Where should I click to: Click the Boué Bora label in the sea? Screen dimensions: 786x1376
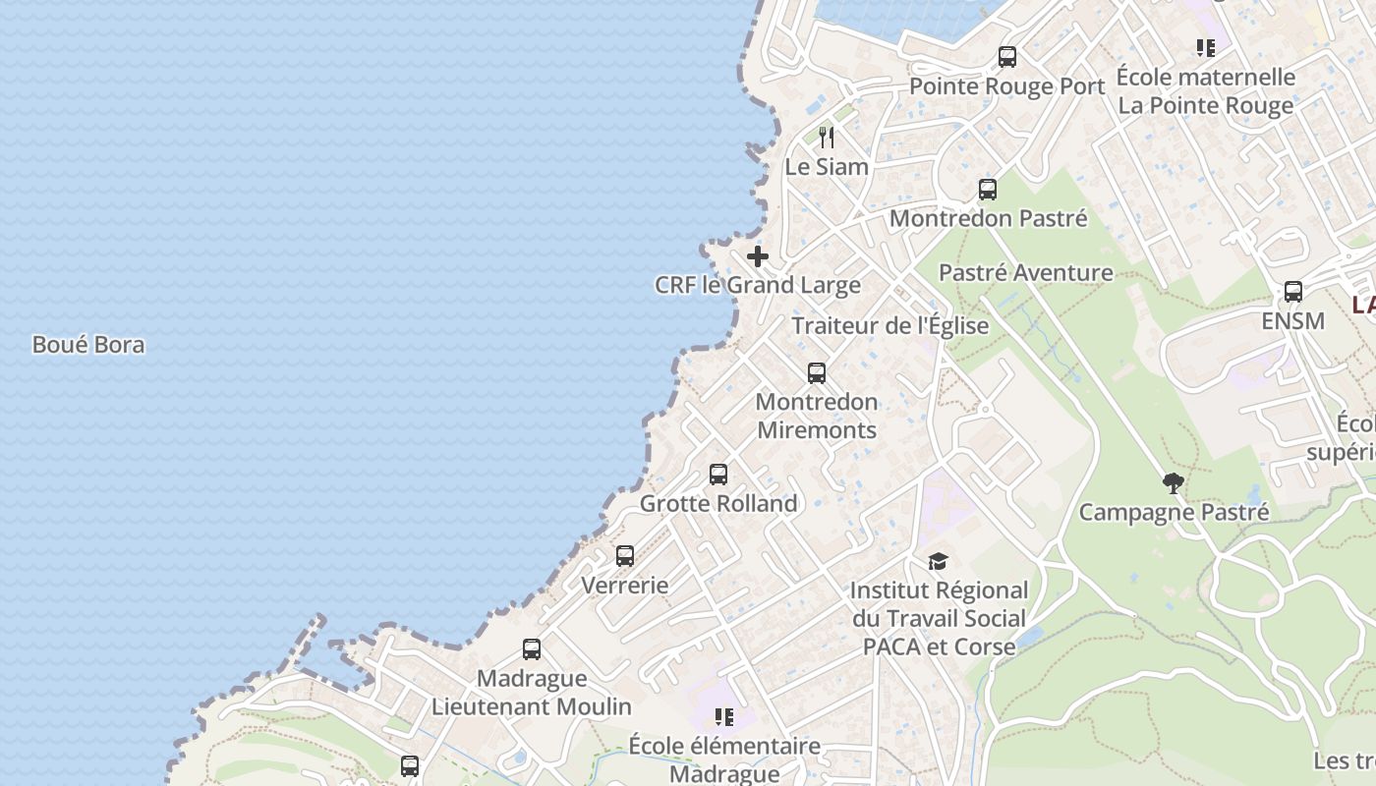tap(88, 345)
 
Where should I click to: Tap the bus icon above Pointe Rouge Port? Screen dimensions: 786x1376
tap(1007, 57)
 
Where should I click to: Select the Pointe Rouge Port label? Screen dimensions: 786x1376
tap(1007, 86)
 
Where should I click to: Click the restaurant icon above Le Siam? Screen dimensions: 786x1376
tap(827, 137)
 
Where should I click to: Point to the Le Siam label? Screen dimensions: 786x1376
tap(827, 167)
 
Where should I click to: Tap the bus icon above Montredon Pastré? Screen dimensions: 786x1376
tap(988, 190)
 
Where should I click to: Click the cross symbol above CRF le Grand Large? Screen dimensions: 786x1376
tap(758, 256)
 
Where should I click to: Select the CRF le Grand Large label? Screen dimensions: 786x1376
tap(758, 286)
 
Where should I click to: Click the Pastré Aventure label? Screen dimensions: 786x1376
tap(1026, 273)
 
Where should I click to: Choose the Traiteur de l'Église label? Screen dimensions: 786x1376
tap(890, 326)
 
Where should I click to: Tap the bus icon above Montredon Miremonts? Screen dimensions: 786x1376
tap(817, 373)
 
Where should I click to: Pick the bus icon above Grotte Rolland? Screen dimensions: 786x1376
tap(718, 475)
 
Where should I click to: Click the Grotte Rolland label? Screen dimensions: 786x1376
tap(718, 504)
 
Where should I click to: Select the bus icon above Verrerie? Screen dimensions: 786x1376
tap(625, 556)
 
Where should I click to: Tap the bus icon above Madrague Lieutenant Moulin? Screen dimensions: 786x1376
tap(532, 649)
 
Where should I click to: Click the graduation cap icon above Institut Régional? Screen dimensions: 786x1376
tap(939, 562)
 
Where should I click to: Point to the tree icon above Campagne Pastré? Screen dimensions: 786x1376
tap(1173, 482)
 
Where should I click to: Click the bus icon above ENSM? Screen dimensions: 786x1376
tap(1293, 292)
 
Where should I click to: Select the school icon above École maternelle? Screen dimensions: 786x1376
tap(1206, 47)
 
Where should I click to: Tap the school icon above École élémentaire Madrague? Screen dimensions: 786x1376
tap(724, 717)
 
